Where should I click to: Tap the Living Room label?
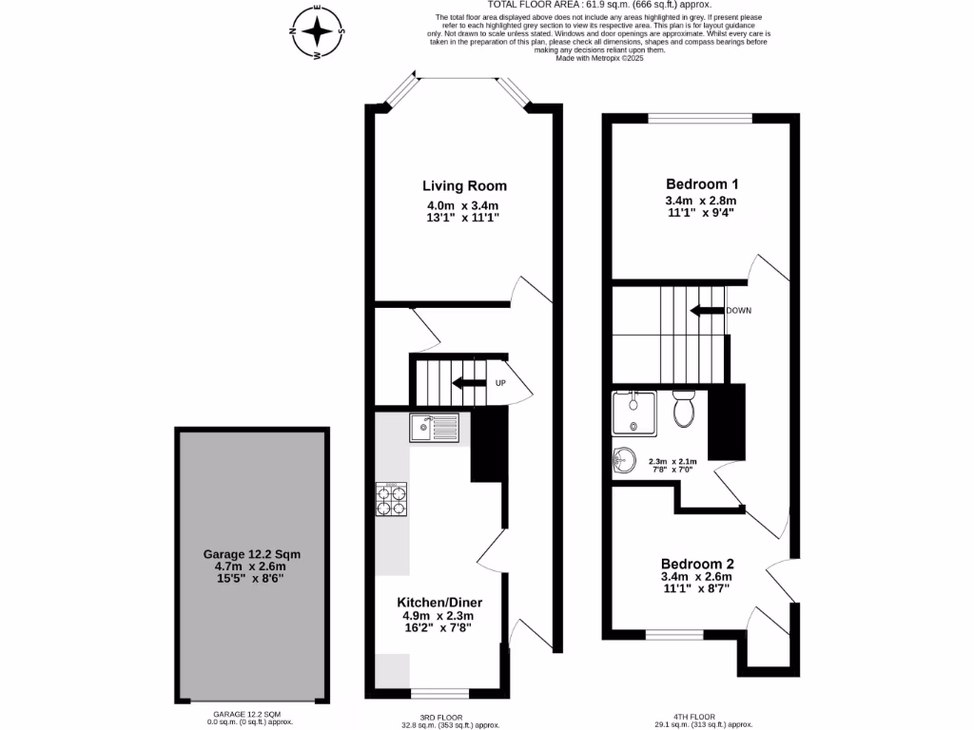pos(464,185)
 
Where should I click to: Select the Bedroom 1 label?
pos(702,183)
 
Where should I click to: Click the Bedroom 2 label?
pos(697,562)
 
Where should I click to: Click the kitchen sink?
pos(435,428)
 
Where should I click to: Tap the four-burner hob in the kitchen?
pos(392,499)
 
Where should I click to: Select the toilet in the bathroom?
pos(684,410)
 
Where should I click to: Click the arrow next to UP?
pos(469,383)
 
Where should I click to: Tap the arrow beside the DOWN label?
pos(707,311)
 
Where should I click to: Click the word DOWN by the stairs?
pos(739,311)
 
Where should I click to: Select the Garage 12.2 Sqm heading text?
pos(251,553)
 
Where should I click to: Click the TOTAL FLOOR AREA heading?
pos(566,5)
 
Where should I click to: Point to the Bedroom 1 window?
pos(699,119)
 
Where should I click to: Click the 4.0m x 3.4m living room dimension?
pos(463,205)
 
